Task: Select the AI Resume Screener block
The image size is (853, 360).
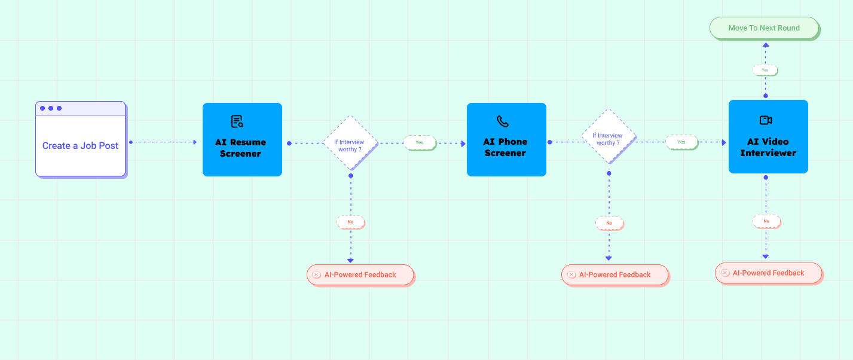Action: tap(242, 140)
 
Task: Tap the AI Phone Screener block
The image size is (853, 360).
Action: tap(506, 140)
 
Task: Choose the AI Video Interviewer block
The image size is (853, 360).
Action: tap(768, 137)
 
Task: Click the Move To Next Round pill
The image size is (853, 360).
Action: tap(763, 28)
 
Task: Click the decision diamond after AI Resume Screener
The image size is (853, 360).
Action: tap(350, 143)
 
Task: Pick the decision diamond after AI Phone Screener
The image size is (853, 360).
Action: tap(609, 137)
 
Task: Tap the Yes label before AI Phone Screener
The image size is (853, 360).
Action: tap(420, 142)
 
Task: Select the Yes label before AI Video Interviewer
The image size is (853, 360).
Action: tap(681, 142)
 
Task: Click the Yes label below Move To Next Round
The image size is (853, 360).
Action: tap(765, 70)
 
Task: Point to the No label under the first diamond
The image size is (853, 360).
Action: tap(350, 222)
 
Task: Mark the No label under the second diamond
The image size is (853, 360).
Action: tap(609, 223)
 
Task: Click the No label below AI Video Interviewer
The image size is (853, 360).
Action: tap(766, 221)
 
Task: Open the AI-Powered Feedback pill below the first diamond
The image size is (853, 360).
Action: tap(360, 274)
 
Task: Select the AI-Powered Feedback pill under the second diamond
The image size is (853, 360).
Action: tap(614, 274)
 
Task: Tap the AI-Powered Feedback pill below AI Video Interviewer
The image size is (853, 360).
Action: tap(768, 273)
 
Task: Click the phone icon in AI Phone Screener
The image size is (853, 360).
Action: tap(503, 121)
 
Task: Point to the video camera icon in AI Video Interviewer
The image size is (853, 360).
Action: tap(766, 120)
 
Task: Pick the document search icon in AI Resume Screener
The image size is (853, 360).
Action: tap(237, 121)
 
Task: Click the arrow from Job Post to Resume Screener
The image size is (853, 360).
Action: tap(163, 142)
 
